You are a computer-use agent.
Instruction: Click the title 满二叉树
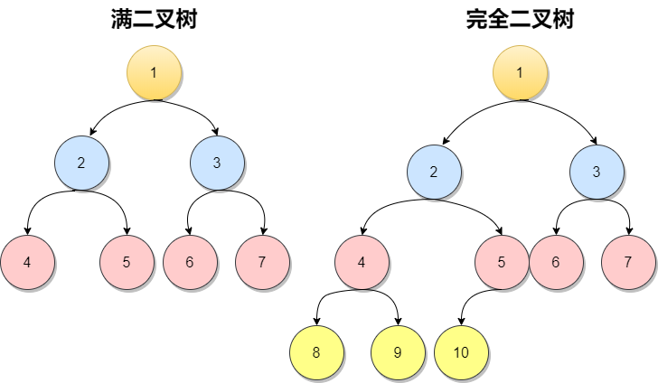pyautogui.click(x=154, y=19)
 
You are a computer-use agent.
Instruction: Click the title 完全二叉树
pyautogui.click(x=520, y=19)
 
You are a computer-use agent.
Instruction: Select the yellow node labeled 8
pyautogui.click(x=316, y=352)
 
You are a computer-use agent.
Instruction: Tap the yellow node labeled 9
pyautogui.click(x=398, y=352)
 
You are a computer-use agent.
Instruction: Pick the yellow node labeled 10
pyautogui.click(x=461, y=352)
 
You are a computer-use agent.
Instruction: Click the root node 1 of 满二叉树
pyautogui.click(x=154, y=72)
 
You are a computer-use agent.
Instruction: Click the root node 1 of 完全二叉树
pyautogui.click(x=520, y=72)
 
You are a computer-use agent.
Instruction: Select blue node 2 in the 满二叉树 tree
pyautogui.click(x=81, y=163)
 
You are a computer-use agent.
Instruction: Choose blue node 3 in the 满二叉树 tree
pyautogui.click(x=217, y=163)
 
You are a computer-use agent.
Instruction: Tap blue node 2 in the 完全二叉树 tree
pyautogui.click(x=434, y=172)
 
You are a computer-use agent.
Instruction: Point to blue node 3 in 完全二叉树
pyautogui.click(x=597, y=172)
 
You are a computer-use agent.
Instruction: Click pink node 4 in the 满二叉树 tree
pyautogui.click(x=27, y=262)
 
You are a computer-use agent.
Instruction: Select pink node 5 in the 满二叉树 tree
pyautogui.click(x=127, y=262)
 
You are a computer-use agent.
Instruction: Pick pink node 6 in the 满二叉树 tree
pyautogui.click(x=190, y=262)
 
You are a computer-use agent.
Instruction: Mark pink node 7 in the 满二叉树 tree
pyautogui.click(x=262, y=262)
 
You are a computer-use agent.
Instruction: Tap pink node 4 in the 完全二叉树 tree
pyautogui.click(x=362, y=262)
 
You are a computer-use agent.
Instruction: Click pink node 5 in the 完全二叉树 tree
pyautogui.click(x=502, y=262)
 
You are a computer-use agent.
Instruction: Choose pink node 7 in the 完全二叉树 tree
pyautogui.click(x=628, y=262)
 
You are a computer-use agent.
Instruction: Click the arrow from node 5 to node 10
pyautogui.click(x=468, y=300)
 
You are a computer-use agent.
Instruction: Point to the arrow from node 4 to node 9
pyautogui.click(x=388, y=294)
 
